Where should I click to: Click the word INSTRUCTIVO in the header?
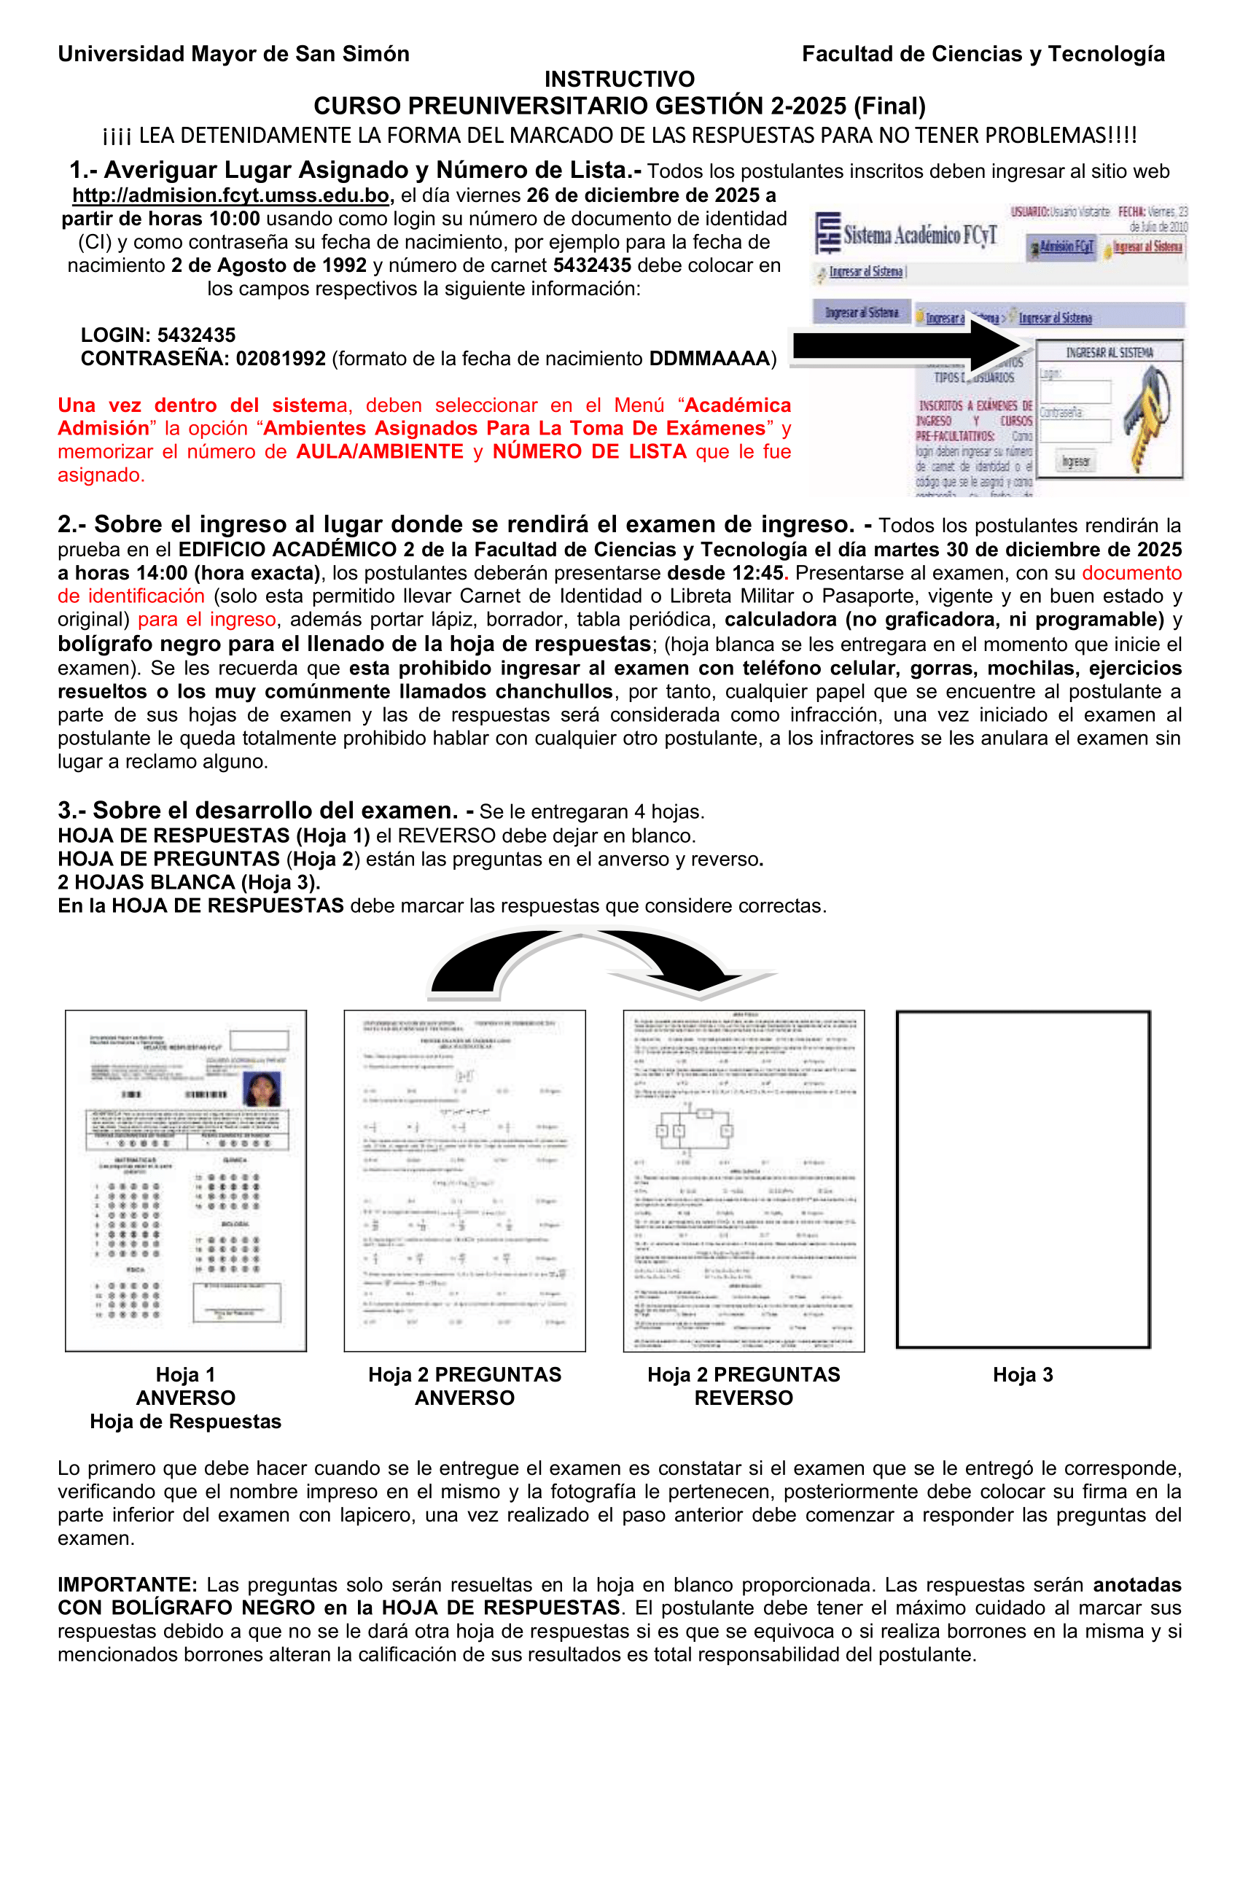(x=619, y=79)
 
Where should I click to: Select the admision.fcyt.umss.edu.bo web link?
(x=231, y=195)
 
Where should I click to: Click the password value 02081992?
(x=281, y=359)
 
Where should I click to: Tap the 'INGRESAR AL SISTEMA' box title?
(x=1110, y=352)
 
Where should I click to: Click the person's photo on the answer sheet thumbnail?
(x=262, y=1088)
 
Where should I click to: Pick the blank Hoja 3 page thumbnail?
(x=1023, y=1180)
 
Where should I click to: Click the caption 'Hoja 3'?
(x=1023, y=1375)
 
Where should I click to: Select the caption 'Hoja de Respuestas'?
(x=186, y=1421)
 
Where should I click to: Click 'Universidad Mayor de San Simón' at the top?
(x=233, y=54)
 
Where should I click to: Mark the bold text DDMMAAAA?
(x=709, y=359)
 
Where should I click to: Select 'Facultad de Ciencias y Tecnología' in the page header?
(x=983, y=54)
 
